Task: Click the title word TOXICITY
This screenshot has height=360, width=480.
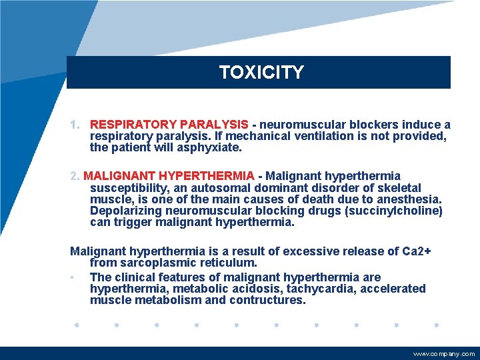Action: coord(261,72)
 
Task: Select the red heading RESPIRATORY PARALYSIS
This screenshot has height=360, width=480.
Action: coord(169,125)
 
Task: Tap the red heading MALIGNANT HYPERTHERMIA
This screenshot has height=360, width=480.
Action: coord(169,176)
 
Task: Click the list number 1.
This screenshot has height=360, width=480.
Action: coord(75,125)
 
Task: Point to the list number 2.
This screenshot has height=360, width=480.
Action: coord(75,176)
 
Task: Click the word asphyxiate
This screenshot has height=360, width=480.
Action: coord(214,147)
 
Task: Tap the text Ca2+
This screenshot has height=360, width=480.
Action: coord(417,251)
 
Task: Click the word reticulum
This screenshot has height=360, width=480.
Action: coord(230,263)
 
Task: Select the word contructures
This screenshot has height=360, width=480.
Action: coord(267,300)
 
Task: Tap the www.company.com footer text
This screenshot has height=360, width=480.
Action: coord(444,354)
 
